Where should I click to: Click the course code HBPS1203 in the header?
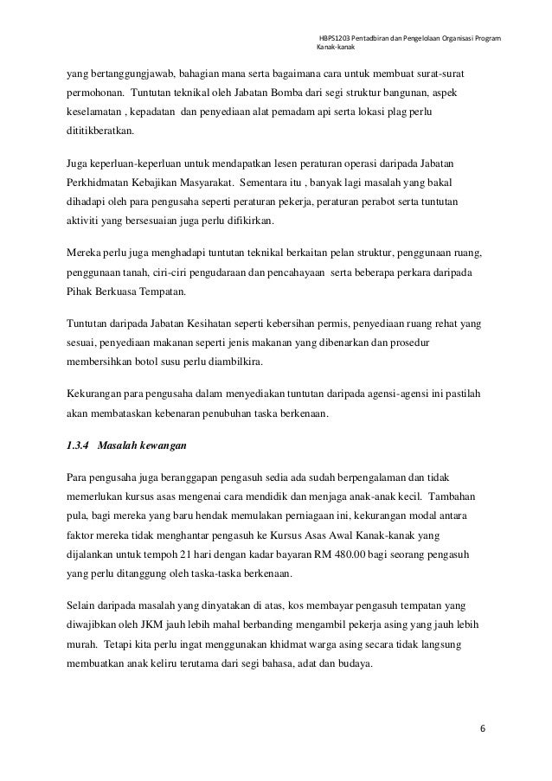[x=334, y=37]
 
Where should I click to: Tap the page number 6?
[x=483, y=727]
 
